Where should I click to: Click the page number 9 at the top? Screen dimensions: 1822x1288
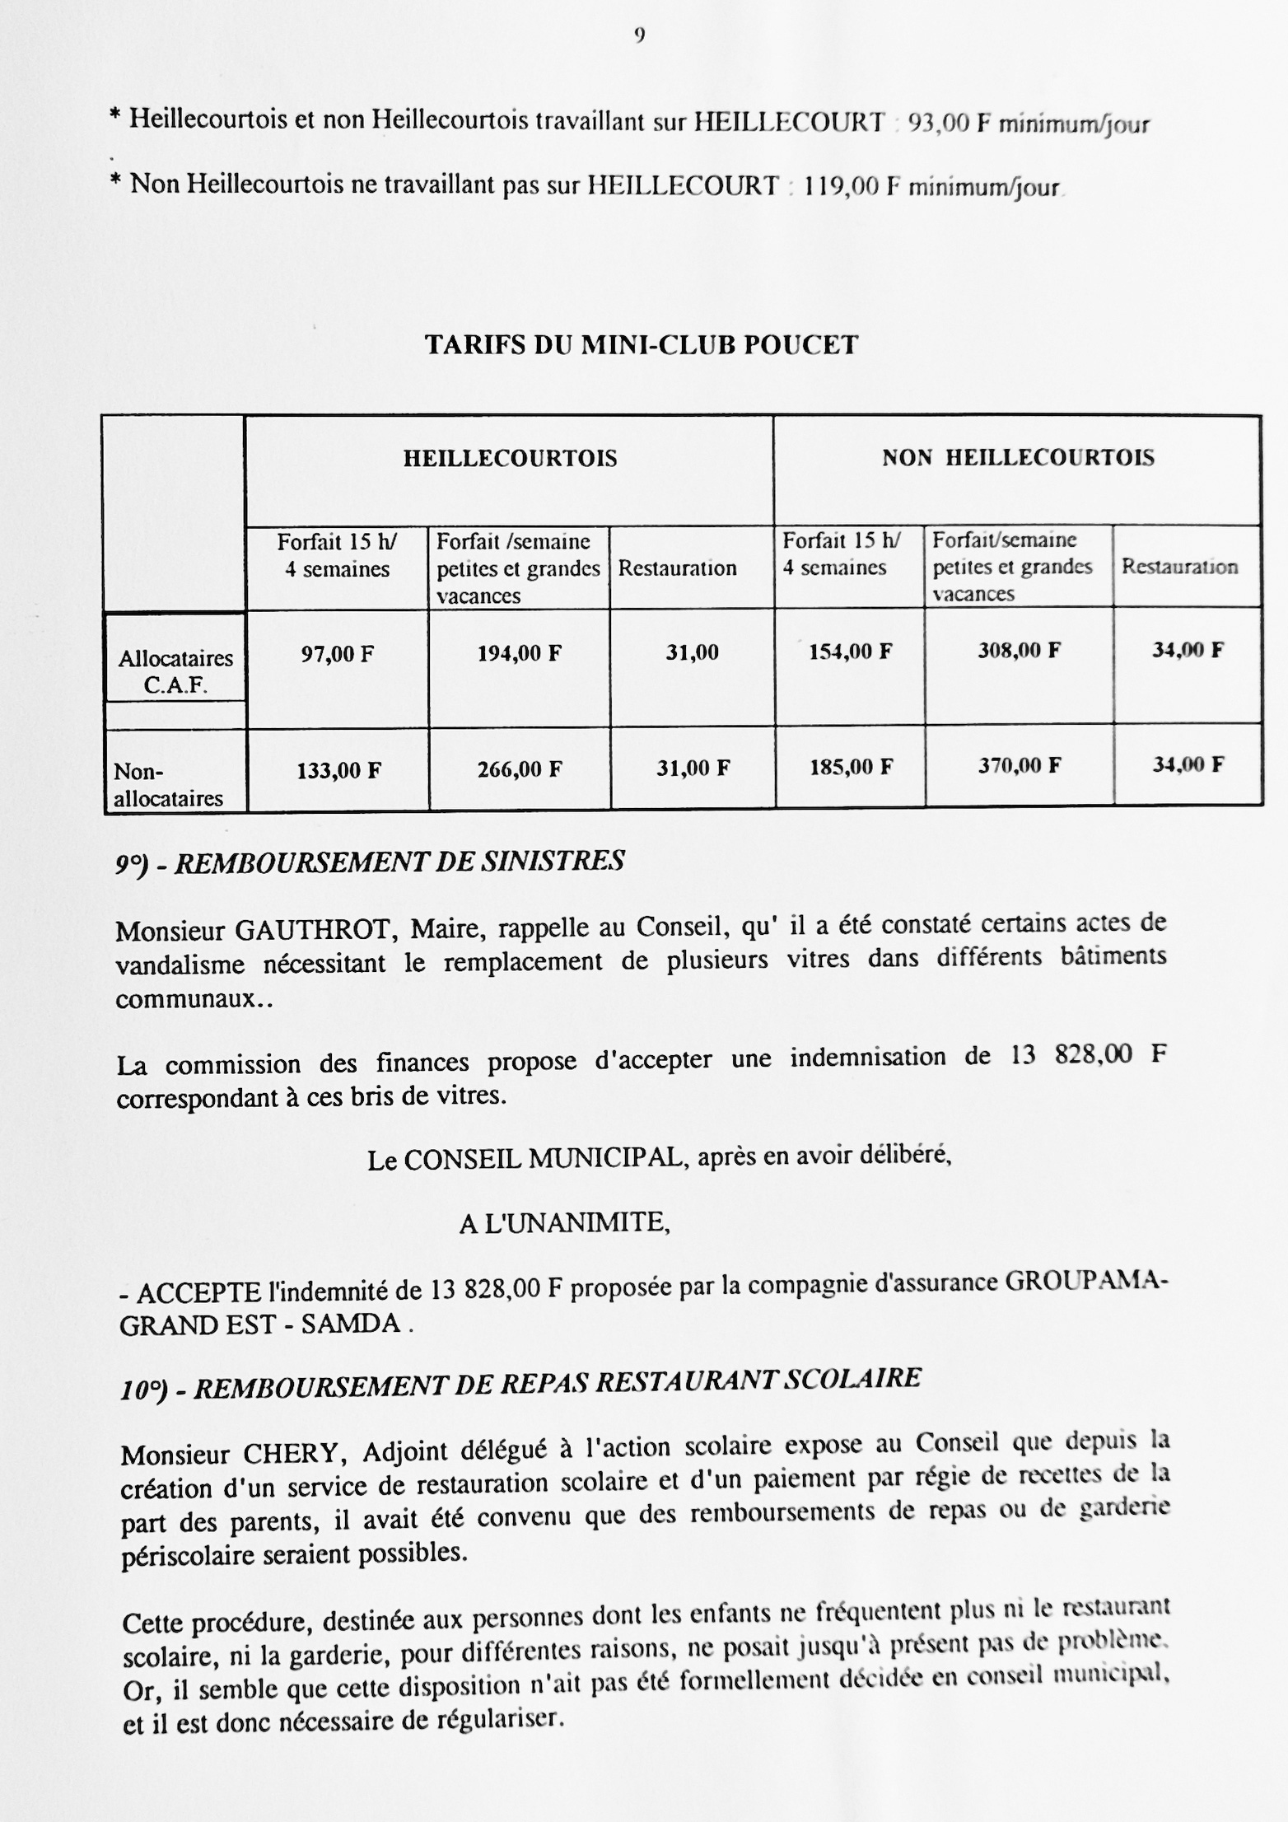coord(640,35)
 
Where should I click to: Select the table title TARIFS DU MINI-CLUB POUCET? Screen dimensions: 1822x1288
coord(642,344)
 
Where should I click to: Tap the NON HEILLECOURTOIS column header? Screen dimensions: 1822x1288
coord(1018,458)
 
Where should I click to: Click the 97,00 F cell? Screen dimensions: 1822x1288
coord(337,655)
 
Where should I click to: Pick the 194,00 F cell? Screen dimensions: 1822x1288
coord(520,654)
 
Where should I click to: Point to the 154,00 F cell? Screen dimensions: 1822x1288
coord(851,652)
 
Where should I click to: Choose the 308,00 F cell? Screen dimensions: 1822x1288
coord(1020,651)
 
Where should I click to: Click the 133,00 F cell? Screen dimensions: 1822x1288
coord(338,771)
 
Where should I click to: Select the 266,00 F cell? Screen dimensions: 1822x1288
coord(520,769)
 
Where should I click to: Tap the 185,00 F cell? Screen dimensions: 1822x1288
coord(851,768)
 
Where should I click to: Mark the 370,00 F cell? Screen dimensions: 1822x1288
coord(1020,766)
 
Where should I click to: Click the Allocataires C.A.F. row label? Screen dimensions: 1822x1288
coord(175,671)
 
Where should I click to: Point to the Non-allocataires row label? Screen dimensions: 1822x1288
coord(168,784)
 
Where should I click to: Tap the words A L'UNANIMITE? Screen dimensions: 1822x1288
coord(565,1224)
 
